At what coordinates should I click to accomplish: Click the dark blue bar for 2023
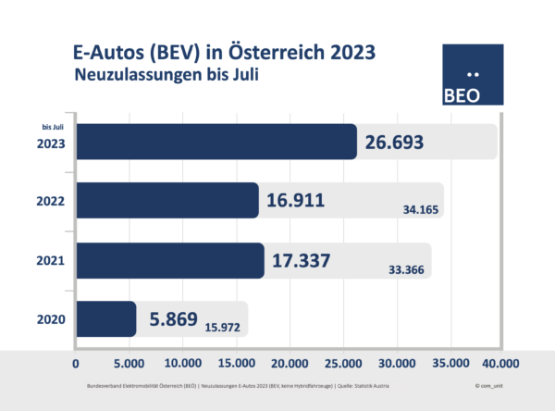216,141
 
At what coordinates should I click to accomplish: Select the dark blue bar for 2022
166,200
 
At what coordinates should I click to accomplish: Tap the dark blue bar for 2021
169,260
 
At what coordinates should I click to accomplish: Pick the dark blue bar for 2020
105,319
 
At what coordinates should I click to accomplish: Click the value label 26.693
401,141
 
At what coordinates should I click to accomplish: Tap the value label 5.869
174,319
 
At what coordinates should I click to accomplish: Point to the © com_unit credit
488,382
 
